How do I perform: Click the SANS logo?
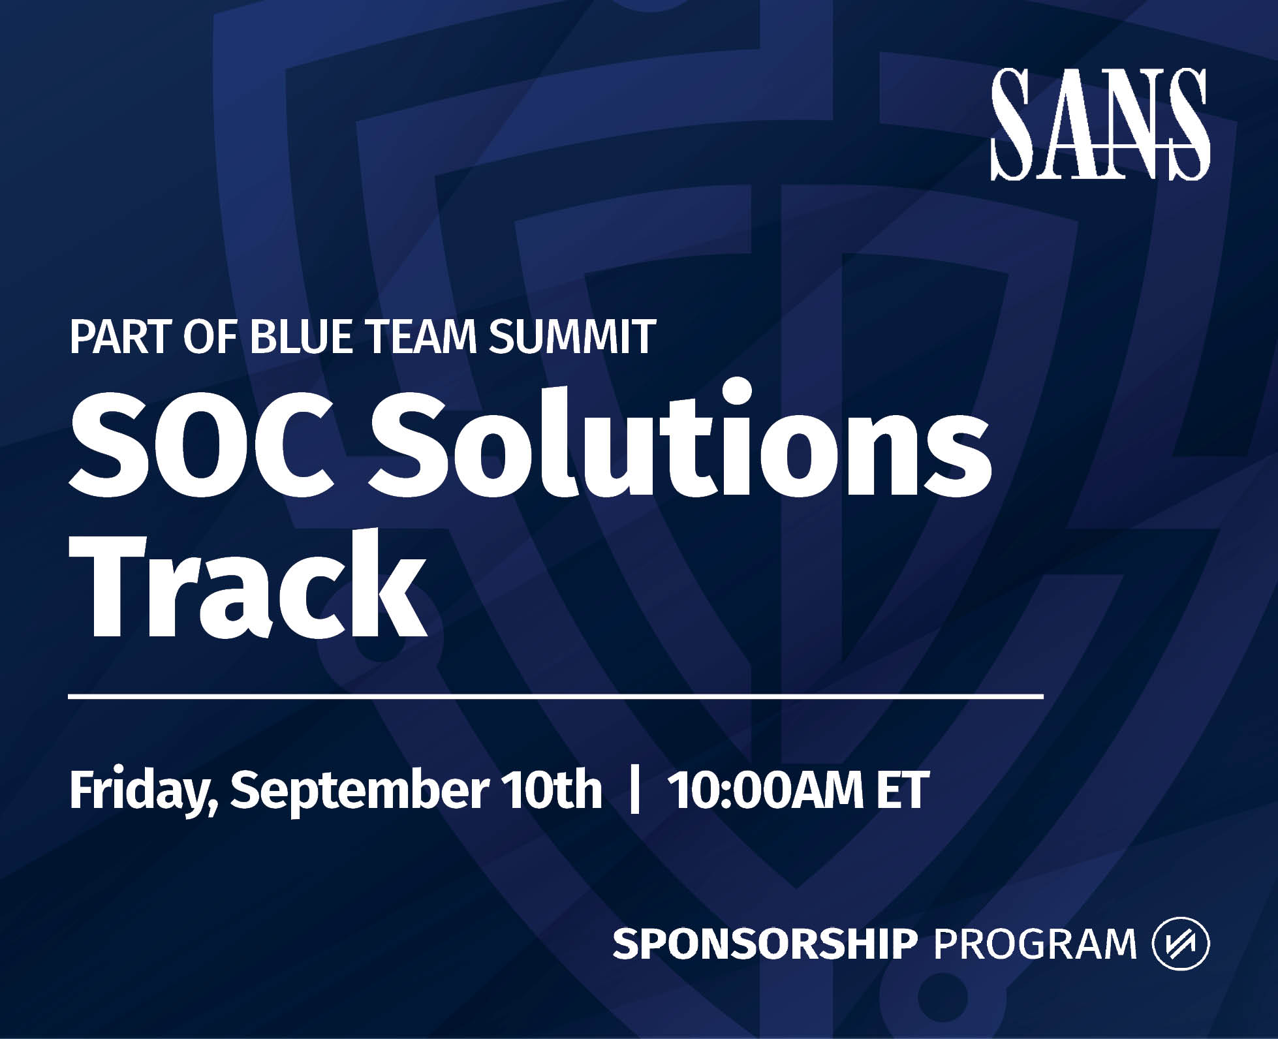(1100, 124)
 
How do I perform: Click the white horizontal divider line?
(556, 697)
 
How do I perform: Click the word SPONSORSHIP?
(765, 944)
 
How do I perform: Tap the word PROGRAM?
(1036, 944)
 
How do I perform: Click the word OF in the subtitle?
(210, 336)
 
